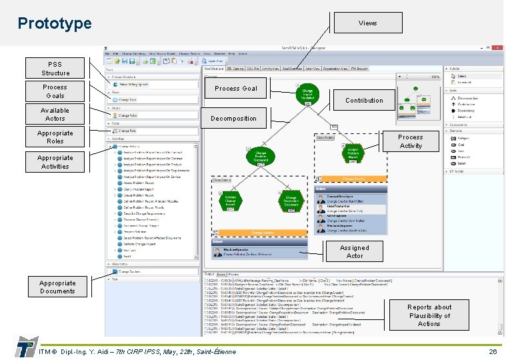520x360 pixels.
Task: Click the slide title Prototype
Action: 55,23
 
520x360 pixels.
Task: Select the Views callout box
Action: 367,23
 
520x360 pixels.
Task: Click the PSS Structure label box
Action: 55,69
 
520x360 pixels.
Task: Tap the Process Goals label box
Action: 55,91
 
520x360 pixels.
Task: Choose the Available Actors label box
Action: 55,114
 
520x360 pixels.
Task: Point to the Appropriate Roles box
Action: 55,137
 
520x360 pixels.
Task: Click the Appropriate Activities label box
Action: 55,162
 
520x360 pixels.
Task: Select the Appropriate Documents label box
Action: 57,287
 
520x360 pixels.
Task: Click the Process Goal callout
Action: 235,88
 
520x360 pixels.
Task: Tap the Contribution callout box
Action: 364,101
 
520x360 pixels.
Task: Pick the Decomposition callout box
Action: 233,119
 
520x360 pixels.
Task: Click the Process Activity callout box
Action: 411,141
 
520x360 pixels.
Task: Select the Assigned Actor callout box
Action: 355,251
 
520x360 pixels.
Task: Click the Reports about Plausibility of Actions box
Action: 429,315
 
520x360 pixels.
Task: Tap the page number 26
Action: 493,351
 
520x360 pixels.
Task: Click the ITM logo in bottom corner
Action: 25,347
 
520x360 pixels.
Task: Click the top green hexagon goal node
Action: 307,93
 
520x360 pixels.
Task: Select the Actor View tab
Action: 311,68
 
